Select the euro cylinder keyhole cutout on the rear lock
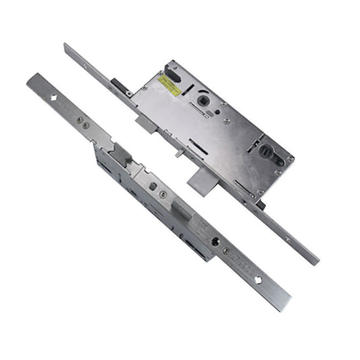click(x=265, y=153)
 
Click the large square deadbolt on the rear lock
click(x=201, y=178)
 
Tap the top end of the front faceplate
click(x=31, y=79)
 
